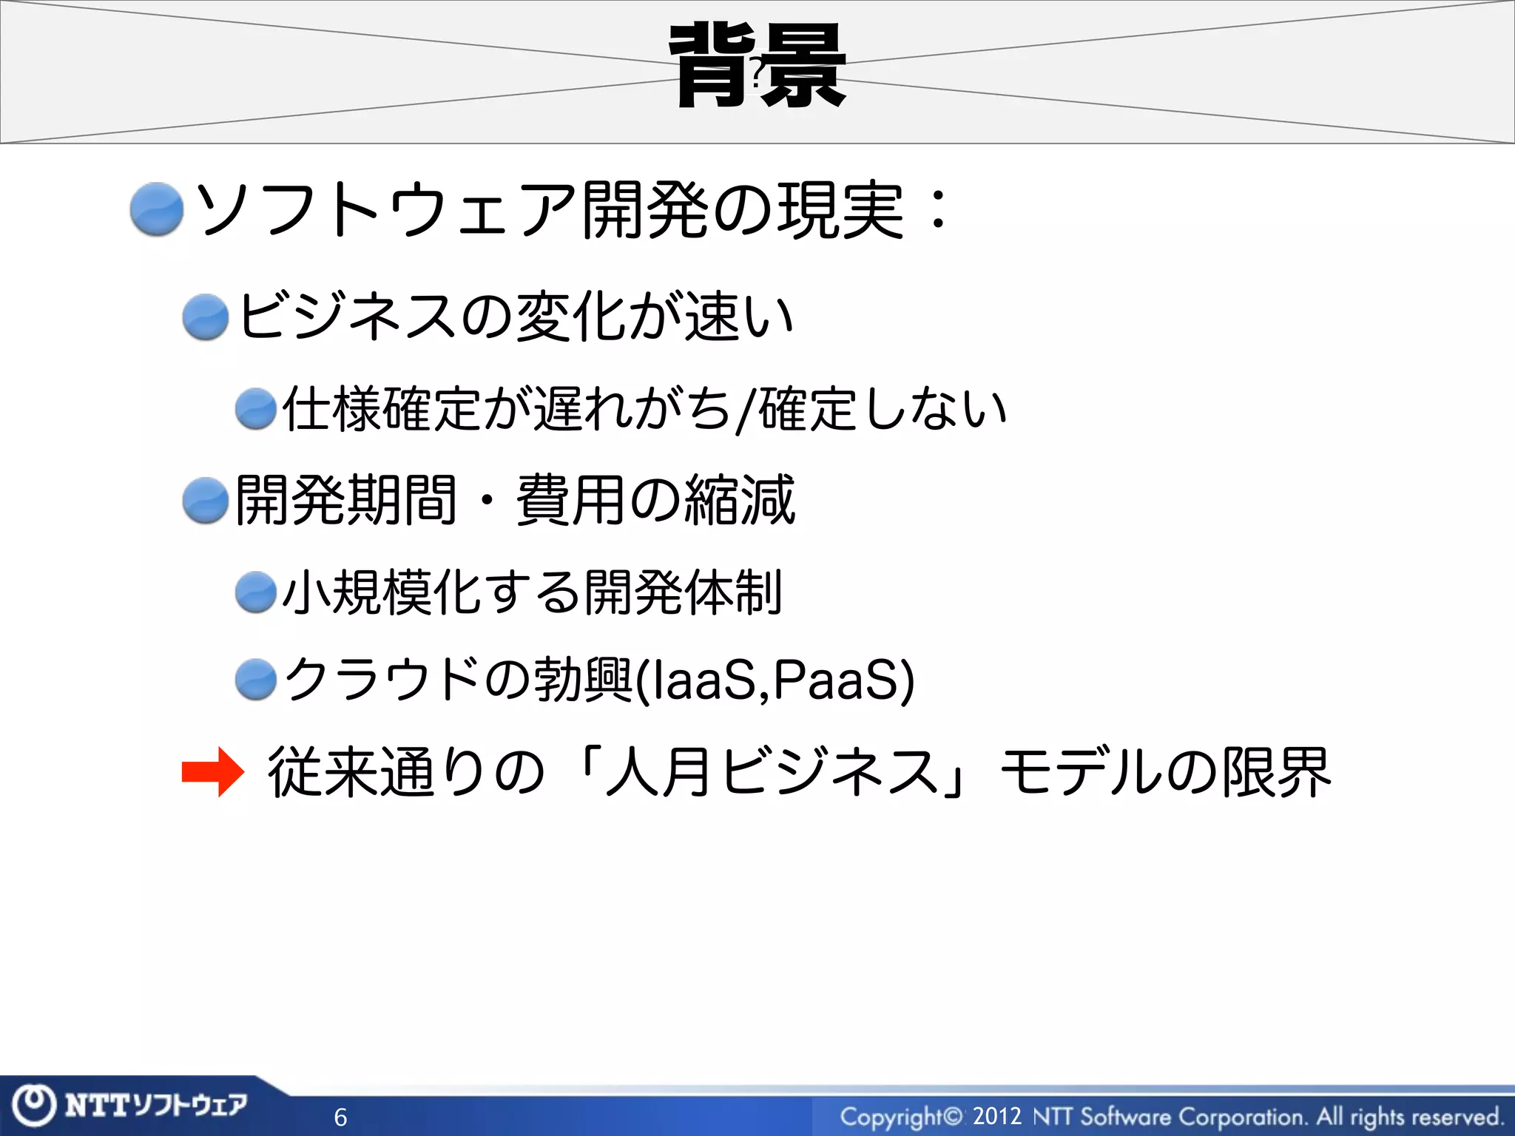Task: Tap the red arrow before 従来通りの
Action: [x=212, y=772]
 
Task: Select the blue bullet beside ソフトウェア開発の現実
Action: [x=156, y=209]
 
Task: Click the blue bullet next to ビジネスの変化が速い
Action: [x=205, y=317]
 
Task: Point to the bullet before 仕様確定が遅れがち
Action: [x=256, y=409]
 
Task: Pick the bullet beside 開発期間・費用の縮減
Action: [x=205, y=501]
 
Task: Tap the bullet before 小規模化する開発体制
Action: [x=256, y=592]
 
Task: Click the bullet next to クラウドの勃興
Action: [x=256, y=679]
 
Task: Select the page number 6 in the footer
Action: [x=340, y=1117]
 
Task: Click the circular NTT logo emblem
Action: [x=34, y=1106]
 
